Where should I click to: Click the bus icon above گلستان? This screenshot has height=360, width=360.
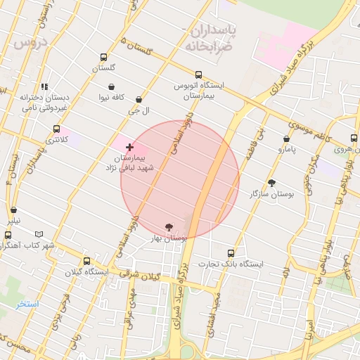[104, 58]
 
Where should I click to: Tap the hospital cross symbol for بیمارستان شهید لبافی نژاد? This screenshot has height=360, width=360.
[129, 147]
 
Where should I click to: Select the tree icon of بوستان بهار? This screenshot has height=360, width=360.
[169, 227]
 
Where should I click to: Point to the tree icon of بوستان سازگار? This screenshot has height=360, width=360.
[272, 183]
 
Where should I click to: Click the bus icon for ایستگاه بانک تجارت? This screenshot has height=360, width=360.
[231, 253]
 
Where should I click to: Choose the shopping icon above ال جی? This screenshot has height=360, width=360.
[138, 100]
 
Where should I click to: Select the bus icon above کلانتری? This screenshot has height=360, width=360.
[56, 129]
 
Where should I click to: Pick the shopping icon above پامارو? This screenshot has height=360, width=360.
[286, 139]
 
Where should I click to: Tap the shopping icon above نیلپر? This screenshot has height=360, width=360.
[14, 210]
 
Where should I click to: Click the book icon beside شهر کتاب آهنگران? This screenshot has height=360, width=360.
[38, 234]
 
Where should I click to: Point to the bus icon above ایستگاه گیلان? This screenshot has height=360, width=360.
[86, 261]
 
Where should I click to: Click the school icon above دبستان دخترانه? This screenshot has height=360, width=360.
[44, 86]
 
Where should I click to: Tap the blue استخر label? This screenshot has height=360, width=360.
[28, 304]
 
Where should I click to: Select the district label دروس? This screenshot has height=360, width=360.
[30, 43]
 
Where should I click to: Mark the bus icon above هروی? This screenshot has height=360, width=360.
[354, 139]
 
